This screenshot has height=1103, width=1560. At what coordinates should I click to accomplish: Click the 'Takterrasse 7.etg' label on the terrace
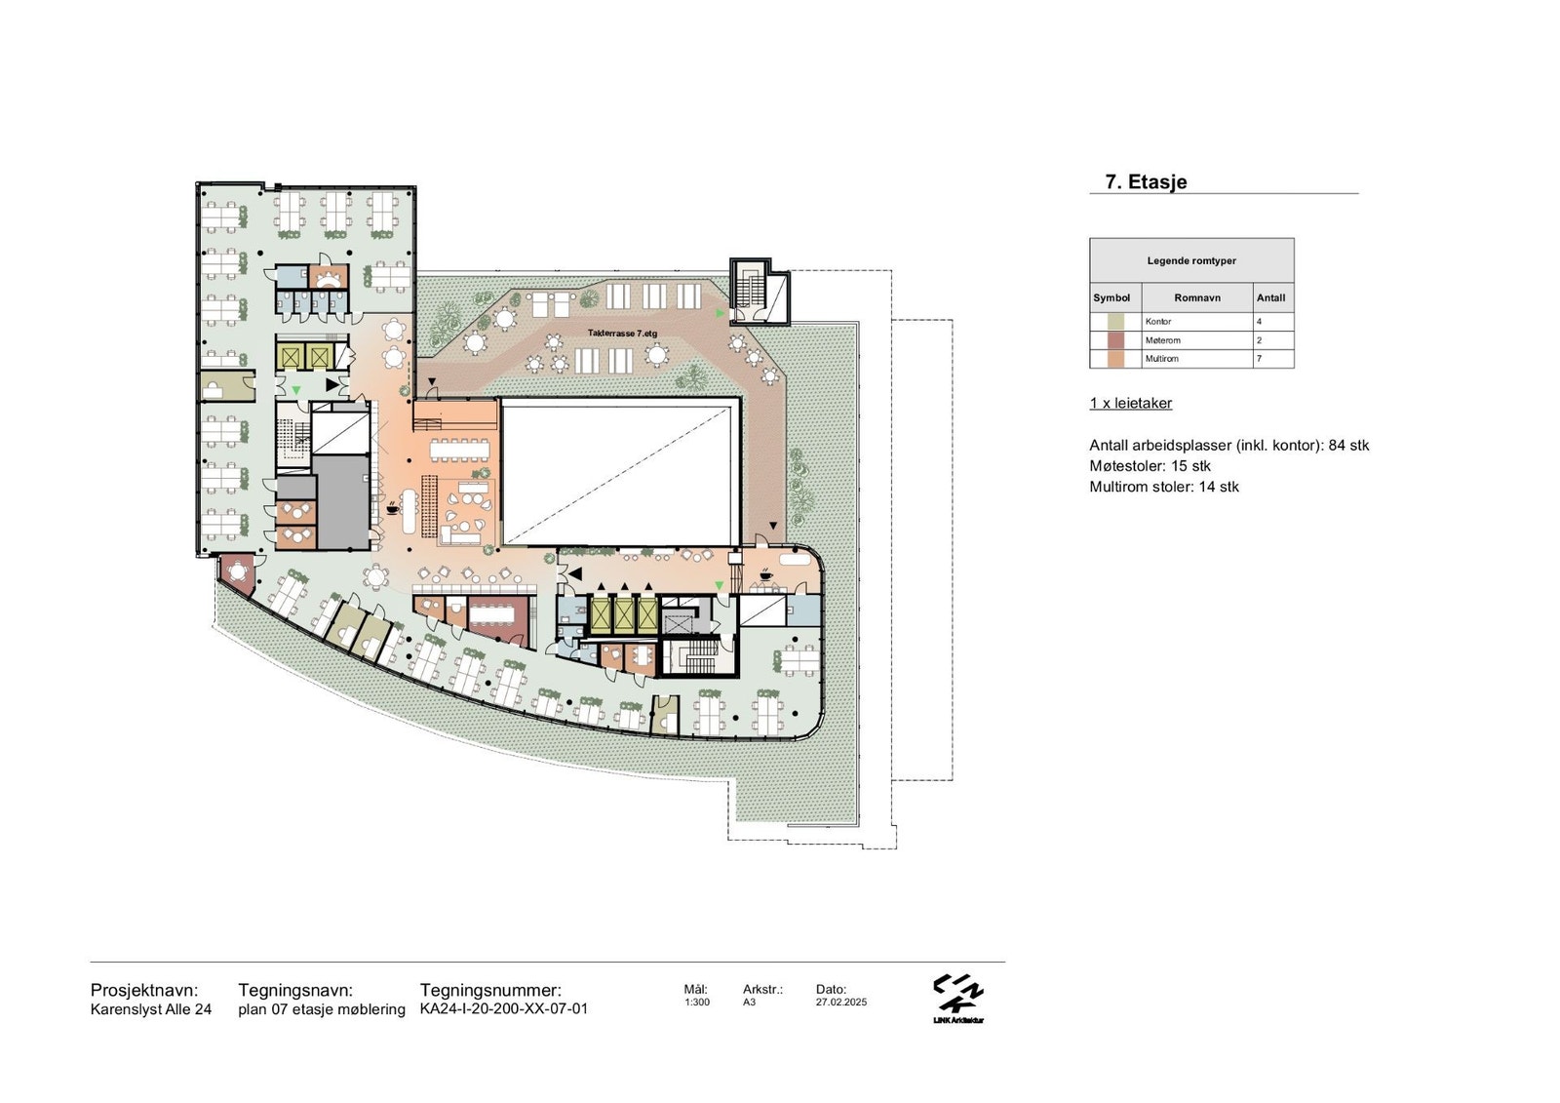pyautogui.click(x=622, y=334)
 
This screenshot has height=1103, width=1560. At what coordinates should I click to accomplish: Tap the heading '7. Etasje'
pyautogui.click(x=1146, y=181)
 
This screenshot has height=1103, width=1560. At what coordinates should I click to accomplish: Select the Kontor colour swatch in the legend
pyautogui.click(x=1115, y=321)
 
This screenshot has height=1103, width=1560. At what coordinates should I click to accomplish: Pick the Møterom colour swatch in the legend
pyautogui.click(x=1115, y=340)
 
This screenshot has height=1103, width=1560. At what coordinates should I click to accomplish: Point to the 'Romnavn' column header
pyautogui.click(x=1197, y=297)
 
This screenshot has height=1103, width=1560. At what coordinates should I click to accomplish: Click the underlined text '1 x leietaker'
pyautogui.click(x=1131, y=403)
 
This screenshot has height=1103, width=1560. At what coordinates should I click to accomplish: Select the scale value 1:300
pyautogui.click(x=696, y=1002)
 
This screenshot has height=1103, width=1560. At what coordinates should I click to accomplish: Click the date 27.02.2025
pyautogui.click(x=841, y=1002)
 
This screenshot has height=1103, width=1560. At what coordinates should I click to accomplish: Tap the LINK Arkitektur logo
pyautogui.click(x=958, y=999)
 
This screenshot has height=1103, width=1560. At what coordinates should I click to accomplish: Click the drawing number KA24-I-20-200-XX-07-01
pyautogui.click(x=503, y=1008)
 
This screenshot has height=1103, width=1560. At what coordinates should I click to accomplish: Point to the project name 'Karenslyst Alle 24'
pyautogui.click(x=151, y=1008)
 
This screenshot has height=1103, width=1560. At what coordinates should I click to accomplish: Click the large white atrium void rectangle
pyautogui.click(x=620, y=472)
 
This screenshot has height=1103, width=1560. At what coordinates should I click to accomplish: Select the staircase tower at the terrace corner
pyautogui.click(x=760, y=291)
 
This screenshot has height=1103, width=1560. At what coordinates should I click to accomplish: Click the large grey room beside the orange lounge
pyautogui.click(x=340, y=500)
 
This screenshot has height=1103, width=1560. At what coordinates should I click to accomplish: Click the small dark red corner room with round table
pyautogui.click(x=238, y=572)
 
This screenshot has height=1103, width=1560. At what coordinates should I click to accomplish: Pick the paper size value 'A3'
pyautogui.click(x=750, y=1002)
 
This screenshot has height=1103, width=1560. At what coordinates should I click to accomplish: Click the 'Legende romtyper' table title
pyautogui.click(x=1191, y=260)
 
